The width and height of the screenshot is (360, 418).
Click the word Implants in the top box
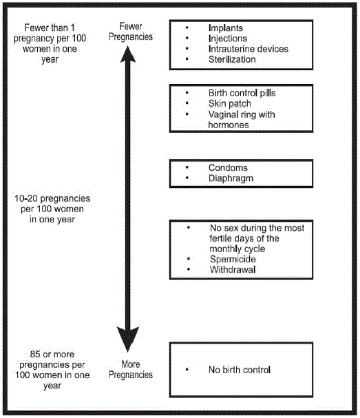coord(226,28)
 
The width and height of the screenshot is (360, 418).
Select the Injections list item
coord(228,39)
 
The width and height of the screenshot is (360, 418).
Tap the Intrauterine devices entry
coord(248,49)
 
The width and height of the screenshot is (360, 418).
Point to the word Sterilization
coord(232,59)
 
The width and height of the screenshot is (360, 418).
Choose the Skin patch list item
coord(230,103)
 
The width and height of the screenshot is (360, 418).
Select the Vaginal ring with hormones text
coord(241,119)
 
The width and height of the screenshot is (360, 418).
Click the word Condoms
coord(228,167)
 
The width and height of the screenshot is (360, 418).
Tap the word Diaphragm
coord(231,178)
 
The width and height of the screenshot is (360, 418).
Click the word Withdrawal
coord(232,269)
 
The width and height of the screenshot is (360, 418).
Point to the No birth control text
coord(240,370)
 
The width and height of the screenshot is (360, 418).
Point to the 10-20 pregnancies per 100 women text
coord(52,209)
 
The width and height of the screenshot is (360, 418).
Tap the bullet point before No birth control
coord(187,370)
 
